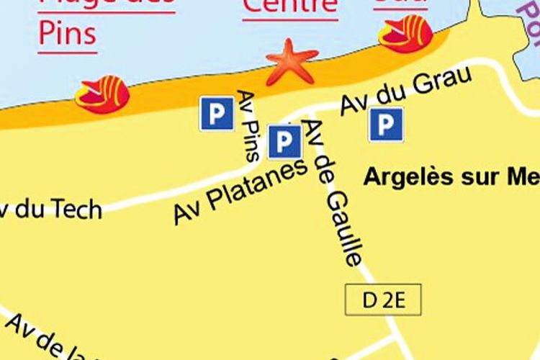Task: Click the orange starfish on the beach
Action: tap(292, 62)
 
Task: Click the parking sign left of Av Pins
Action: tap(217, 113)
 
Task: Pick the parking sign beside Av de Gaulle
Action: tap(284, 140)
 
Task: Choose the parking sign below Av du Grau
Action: tap(386, 125)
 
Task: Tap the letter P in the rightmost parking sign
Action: tap(386, 125)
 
